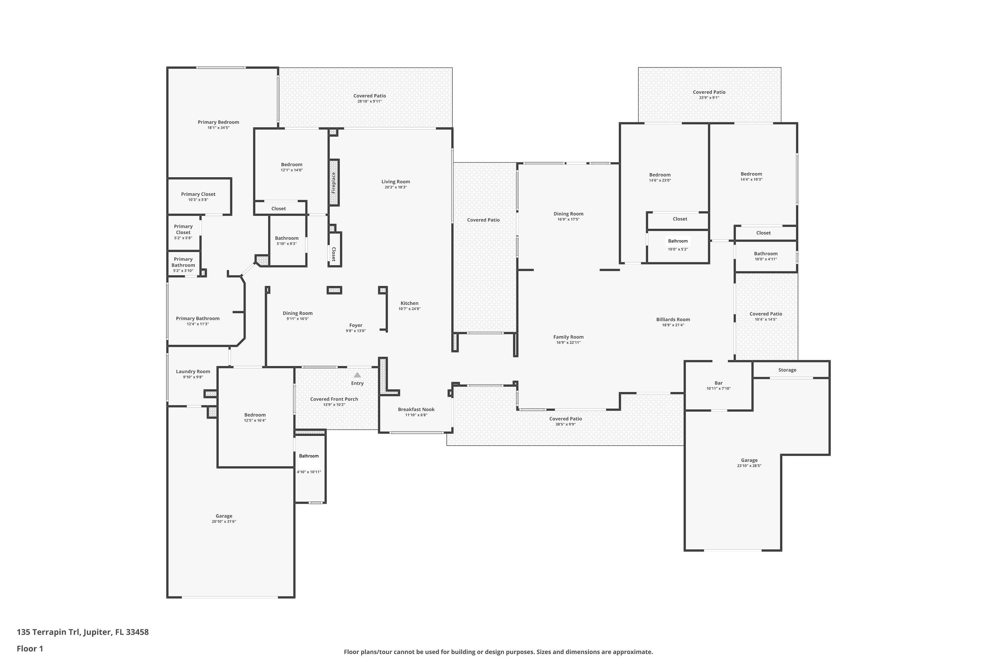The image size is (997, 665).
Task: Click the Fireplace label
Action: tap(334, 182)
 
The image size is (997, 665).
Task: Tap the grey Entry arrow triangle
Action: tap(357, 375)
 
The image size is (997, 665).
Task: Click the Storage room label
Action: tap(787, 370)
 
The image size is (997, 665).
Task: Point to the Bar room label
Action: tap(718, 383)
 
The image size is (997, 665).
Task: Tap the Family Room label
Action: tap(568, 337)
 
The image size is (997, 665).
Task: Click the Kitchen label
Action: tap(409, 303)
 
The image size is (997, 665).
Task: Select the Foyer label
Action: tap(356, 325)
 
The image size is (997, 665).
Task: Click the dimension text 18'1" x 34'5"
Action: tap(218, 128)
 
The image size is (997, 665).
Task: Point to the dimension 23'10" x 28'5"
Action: tap(749, 466)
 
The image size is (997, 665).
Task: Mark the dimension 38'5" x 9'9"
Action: tap(566, 424)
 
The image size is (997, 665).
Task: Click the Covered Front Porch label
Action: tap(334, 399)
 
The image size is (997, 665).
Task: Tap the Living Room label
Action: tap(395, 182)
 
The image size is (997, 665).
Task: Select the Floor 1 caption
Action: tap(30, 648)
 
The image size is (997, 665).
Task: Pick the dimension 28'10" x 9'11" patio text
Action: tap(370, 101)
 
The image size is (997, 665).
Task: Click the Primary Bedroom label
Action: tap(218, 122)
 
